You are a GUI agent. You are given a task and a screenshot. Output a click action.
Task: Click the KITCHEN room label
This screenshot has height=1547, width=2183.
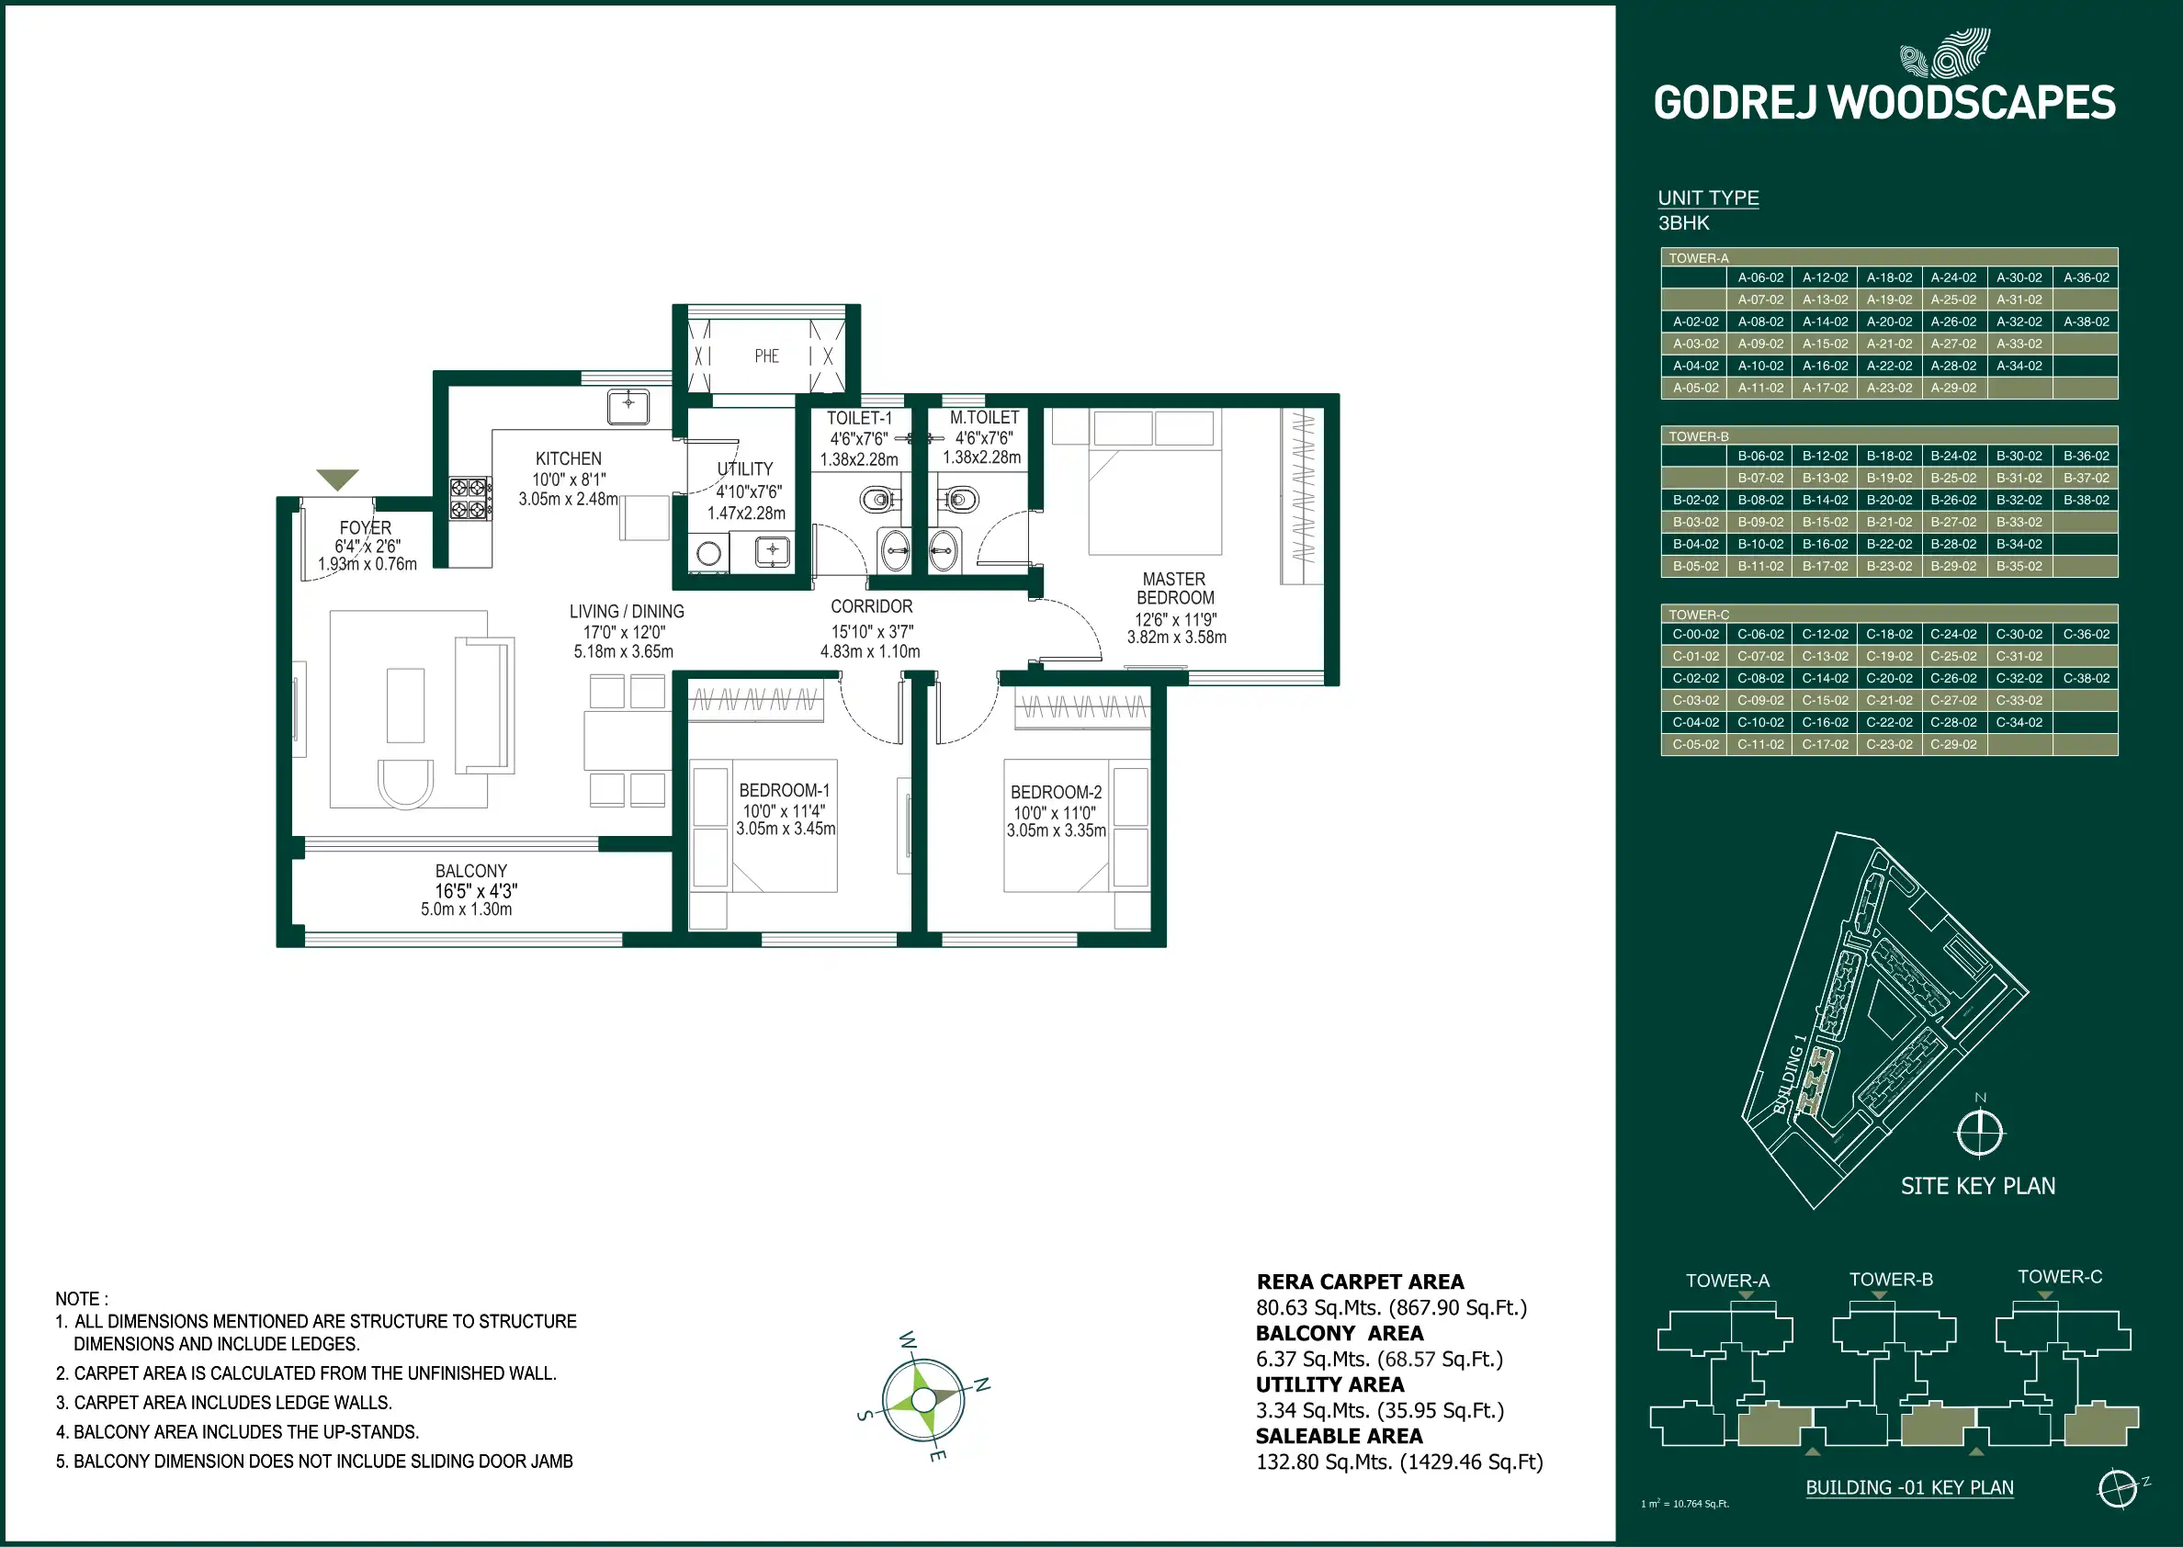pos(569,459)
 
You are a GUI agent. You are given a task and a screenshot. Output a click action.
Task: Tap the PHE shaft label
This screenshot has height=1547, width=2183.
pos(767,356)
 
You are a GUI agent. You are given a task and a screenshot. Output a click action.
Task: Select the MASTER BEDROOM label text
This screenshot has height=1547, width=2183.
pos(1175,589)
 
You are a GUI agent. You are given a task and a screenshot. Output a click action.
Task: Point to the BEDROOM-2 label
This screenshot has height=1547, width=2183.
pos(1057,793)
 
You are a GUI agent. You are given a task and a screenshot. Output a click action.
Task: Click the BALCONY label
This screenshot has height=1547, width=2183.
pos(470,872)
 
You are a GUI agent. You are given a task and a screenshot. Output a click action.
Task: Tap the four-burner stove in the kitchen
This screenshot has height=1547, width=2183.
pos(470,498)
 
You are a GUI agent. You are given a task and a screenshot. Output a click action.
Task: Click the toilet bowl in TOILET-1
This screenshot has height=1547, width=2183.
pos(877,498)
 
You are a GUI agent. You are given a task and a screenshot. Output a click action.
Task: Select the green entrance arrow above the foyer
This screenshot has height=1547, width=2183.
pos(337,479)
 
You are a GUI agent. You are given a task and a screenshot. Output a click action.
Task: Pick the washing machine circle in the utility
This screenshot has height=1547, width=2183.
pos(708,552)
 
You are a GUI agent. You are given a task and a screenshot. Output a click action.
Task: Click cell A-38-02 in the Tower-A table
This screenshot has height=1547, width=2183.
pos(2086,322)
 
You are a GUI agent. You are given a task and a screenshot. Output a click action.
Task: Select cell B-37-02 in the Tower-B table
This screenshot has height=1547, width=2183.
pos(2086,479)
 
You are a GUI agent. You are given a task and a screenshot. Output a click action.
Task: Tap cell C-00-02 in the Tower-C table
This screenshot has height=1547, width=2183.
pos(1695,635)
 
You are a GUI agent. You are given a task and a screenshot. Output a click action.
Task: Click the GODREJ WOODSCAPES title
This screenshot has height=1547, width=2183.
pos(1883,103)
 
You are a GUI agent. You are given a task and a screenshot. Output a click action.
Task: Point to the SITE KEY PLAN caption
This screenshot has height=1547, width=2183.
pos(1977,1186)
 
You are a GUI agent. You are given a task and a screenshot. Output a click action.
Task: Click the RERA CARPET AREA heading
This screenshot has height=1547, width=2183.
pos(1360,1282)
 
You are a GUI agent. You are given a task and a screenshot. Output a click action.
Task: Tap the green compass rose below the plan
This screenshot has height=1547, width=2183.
pos(924,1399)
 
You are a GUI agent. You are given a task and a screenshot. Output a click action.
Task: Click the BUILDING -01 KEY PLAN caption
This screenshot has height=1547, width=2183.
pos(1909,1488)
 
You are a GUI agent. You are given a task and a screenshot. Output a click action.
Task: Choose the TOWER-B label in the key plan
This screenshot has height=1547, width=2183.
pos(1891,1280)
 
